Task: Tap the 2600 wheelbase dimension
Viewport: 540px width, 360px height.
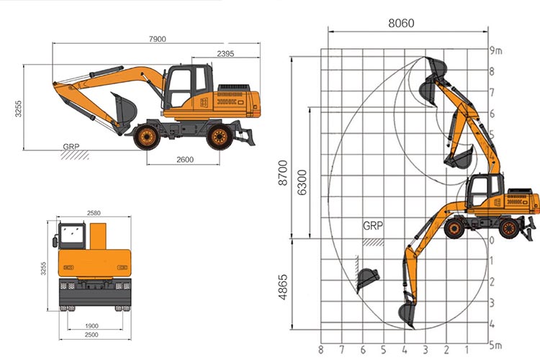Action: (184, 160)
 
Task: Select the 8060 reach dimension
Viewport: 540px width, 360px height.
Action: (401, 23)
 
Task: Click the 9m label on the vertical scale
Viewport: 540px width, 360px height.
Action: (495, 50)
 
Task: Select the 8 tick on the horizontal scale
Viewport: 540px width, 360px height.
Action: (320, 351)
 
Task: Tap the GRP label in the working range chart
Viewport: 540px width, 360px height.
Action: (373, 225)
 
